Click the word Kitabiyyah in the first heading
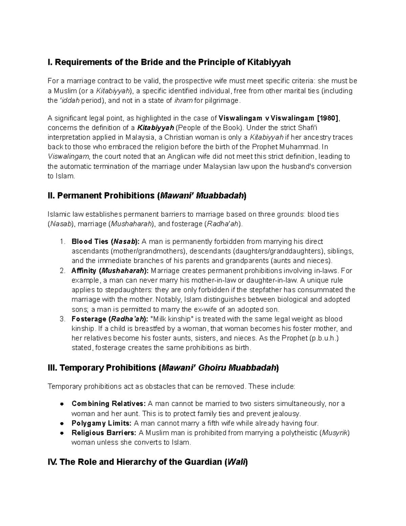269,62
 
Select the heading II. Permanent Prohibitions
148,196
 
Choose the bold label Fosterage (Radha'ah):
110,319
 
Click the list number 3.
62,319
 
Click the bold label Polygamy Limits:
102,423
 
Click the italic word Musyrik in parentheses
335,433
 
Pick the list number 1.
62,241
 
